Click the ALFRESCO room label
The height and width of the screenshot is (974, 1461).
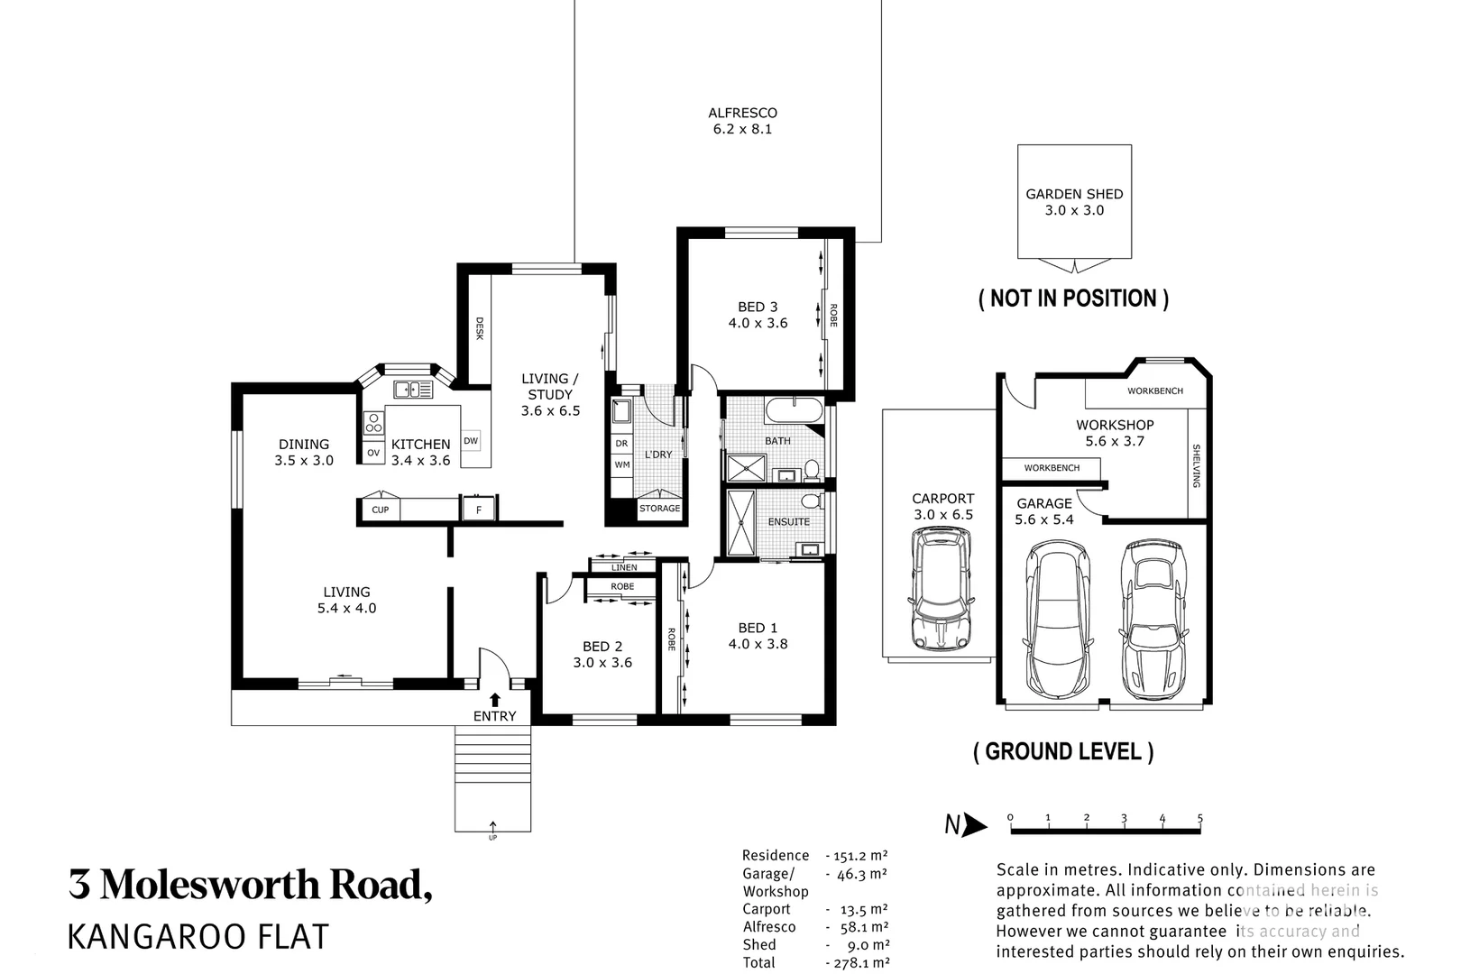pyautogui.click(x=742, y=113)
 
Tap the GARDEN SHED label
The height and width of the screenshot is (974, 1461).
pyautogui.click(x=1074, y=194)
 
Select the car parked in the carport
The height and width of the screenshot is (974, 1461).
pyautogui.click(x=942, y=588)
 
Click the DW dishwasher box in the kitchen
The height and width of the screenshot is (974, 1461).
pyautogui.click(x=471, y=441)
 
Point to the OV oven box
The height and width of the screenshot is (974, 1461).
pyautogui.click(x=372, y=453)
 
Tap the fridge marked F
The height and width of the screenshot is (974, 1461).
pyautogui.click(x=479, y=510)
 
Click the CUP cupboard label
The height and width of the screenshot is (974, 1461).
pyautogui.click(x=381, y=510)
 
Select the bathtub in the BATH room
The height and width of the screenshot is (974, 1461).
pyautogui.click(x=794, y=411)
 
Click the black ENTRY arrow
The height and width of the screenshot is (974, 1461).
pyautogui.click(x=494, y=699)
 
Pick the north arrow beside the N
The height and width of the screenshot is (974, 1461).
pyautogui.click(x=975, y=824)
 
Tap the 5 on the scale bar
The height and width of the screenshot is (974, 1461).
pyautogui.click(x=1199, y=818)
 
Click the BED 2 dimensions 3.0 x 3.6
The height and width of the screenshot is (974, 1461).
pyautogui.click(x=602, y=662)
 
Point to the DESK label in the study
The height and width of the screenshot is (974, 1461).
pyautogui.click(x=479, y=328)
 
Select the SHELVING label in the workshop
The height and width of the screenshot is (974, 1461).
pyautogui.click(x=1197, y=465)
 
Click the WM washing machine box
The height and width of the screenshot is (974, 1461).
pyautogui.click(x=622, y=465)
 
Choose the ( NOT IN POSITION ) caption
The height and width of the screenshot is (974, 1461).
pyautogui.click(x=1073, y=299)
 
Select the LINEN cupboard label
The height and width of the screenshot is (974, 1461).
pyautogui.click(x=624, y=567)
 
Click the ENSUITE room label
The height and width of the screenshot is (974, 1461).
pyautogui.click(x=788, y=521)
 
